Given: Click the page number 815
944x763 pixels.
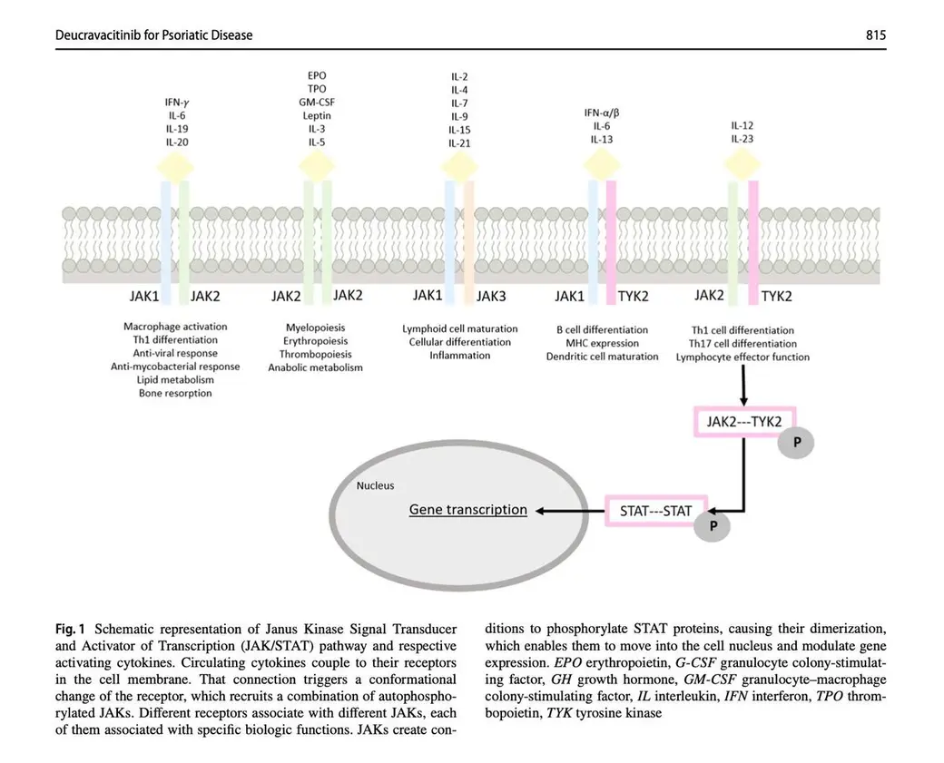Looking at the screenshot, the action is (876, 34).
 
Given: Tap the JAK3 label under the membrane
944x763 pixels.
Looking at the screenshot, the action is (491, 296).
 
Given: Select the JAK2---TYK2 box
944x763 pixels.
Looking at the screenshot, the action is (744, 421).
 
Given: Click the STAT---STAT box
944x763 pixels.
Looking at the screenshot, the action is (655, 511).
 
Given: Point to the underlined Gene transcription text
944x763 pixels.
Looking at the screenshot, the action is (467, 510).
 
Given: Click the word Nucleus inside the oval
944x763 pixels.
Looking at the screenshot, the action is (375, 485).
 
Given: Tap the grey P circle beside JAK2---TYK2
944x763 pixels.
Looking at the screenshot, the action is (796, 442).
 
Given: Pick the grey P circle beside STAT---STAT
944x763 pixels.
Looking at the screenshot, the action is (713, 526).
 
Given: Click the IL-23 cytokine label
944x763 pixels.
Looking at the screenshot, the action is (742, 139).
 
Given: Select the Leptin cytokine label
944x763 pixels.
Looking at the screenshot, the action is (317, 115).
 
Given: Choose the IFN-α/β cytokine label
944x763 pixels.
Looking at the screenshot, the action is (602, 112).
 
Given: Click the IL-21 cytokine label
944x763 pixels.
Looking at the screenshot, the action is (459, 143).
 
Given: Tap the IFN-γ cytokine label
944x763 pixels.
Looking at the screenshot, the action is (176, 103).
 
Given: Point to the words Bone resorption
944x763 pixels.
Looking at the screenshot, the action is (175, 393).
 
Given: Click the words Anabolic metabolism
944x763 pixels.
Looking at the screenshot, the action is (316, 367).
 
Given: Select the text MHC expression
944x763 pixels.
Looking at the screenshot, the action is (602, 344).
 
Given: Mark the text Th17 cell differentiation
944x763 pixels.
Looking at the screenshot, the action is (742, 344).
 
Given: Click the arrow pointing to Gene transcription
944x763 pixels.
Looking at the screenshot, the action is (570, 511).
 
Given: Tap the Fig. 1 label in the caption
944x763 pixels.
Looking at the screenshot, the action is (70, 630).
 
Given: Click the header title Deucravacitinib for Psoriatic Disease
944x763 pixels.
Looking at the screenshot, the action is (153, 34).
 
